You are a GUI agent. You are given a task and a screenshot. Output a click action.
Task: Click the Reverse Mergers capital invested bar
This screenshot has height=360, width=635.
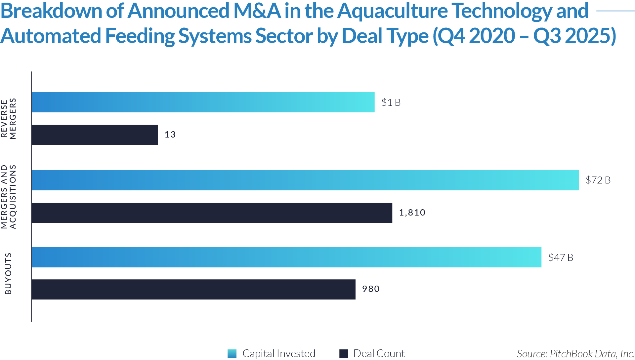tap(203, 102)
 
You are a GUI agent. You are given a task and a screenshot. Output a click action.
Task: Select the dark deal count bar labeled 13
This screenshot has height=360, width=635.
tap(95, 135)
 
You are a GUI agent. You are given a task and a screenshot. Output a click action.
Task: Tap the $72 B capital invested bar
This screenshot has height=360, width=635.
tap(305, 180)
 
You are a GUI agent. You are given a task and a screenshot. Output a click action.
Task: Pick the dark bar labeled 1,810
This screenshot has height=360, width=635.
tap(212, 213)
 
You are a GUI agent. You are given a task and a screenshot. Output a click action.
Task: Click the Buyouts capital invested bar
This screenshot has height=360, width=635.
tap(286, 257)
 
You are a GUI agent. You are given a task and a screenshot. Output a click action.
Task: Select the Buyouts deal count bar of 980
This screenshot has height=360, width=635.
tap(193, 290)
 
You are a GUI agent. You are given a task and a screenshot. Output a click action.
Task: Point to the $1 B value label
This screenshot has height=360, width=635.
tap(391, 102)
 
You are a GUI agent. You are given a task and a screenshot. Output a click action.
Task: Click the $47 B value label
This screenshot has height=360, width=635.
tap(561, 258)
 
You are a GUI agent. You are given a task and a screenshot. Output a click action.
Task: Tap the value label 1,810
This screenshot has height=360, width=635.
tap(412, 213)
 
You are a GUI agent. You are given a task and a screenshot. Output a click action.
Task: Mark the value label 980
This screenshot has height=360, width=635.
tap(371, 289)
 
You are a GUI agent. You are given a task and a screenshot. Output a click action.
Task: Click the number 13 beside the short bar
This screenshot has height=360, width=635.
tap(170, 135)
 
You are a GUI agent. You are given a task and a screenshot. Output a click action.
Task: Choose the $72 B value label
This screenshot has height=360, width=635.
tap(598, 180)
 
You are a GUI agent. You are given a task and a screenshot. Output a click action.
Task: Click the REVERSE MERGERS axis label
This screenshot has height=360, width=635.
tap(9, 118)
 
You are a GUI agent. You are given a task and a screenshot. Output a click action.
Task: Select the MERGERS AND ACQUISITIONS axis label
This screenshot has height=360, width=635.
tap(9, 197)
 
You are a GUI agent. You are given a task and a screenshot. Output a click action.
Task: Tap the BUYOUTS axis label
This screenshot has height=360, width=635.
tap(8, 273)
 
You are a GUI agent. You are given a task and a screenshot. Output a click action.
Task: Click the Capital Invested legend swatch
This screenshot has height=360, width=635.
tap(232, 353)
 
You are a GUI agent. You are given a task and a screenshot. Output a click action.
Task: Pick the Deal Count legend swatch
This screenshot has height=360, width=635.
tap(344, 353)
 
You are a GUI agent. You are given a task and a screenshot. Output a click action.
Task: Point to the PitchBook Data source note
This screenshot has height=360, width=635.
tap(575, 354)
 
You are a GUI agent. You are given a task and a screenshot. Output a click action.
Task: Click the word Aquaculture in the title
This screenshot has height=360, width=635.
tap(392, 11)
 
